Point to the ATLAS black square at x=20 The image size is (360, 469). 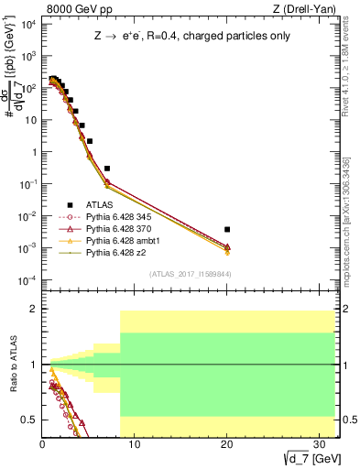tap(227, 229)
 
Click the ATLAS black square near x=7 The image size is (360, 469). tap(107, 169)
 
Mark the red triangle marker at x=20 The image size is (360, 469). tap(227, 246)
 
